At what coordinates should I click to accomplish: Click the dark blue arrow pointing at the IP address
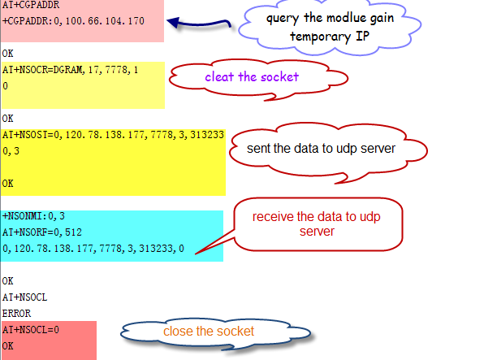click(199, 24)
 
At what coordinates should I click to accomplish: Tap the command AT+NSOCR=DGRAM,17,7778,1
click(70, 70)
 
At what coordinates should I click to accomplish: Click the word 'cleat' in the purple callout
click(219, 76)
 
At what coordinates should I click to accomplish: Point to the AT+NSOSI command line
click(113, 135)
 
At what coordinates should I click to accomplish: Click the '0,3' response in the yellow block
click(11, 151)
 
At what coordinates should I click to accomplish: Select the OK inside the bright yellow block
click(8, 184)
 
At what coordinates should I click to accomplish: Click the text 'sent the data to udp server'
click(321, 149)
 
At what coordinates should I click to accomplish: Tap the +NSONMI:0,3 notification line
click(33, 216)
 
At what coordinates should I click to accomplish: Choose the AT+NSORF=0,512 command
click(42, 232)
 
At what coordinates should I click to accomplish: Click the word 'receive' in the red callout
click(273, 217)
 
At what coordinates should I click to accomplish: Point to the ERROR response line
click(16, 314)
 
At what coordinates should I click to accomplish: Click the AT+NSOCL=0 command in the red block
click(31, 330)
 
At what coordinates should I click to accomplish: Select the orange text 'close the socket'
click(209, 332)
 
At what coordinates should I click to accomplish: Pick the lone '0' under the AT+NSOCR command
click(5, 86)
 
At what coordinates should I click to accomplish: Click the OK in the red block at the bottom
click(8, 346)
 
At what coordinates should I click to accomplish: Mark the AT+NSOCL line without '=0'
click(24, 297)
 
